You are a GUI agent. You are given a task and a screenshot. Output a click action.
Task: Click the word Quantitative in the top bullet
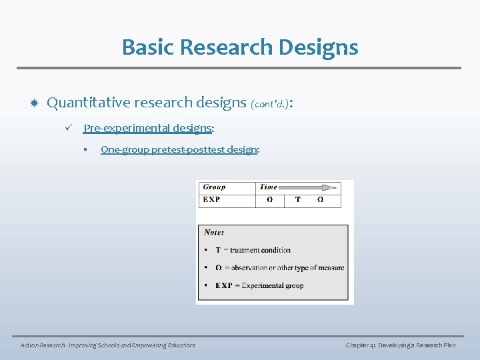click(x=89, y=103)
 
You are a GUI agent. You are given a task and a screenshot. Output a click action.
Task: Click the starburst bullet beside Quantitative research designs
click(x=33, y=103)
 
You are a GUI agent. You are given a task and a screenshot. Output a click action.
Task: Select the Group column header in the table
click(x=214, y=187)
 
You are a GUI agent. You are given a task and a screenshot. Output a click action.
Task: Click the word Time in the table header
click(x=268, y=187)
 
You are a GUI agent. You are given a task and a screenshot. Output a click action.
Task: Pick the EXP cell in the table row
click(x=211, y=199)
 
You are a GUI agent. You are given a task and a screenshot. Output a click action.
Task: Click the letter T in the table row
click(x=297, y=199)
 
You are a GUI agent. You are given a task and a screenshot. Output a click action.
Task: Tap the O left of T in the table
click(x=269, y=199)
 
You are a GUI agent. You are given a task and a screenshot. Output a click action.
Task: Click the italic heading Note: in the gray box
click(x=213, y=233)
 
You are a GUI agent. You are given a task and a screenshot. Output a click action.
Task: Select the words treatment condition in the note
click(x=260, y=250)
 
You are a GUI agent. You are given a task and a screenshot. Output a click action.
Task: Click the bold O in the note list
click(x=219, y=268)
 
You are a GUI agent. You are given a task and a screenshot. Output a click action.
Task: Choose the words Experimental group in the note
click(x=272, y=285)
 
